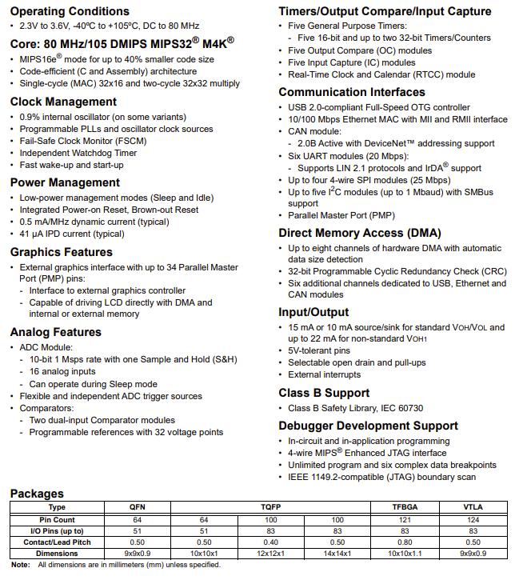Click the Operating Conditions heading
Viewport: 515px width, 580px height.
[70, 11]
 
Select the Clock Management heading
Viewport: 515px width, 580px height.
[63, 102]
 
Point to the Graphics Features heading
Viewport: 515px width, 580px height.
[62, 252]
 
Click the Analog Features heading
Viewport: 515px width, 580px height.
[55, 332]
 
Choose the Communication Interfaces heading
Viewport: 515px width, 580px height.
[352, 92]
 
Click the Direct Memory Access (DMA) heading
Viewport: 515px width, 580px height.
[359, 234]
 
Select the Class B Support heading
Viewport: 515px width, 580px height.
[324, 393]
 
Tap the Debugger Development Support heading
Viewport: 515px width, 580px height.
[368, 426]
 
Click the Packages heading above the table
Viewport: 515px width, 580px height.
[38, 493]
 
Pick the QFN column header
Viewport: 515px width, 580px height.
[138, 507]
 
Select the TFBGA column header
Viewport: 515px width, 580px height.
[405, 507]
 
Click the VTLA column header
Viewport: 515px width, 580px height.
[473, 507]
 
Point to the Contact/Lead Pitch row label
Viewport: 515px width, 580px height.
[58, 542]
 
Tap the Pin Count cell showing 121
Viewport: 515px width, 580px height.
[405, 519]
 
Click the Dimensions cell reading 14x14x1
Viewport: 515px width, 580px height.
[337, 553]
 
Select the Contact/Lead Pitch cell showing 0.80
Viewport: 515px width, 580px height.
[405, 542]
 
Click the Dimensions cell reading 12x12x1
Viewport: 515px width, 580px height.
[270, 553]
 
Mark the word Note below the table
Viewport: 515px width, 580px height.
[21, 565]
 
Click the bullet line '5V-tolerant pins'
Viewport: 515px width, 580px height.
[319, 350]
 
